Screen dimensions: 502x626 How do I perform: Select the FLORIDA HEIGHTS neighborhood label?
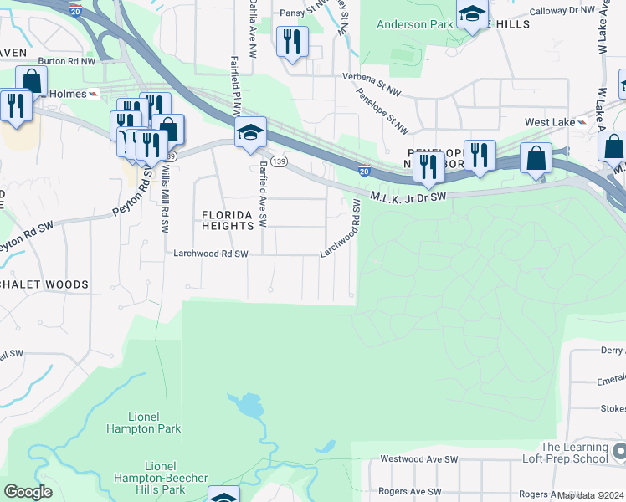pos(228,220)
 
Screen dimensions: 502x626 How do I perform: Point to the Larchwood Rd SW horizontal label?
pos(211,254)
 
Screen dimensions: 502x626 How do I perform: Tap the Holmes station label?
pos(68,94)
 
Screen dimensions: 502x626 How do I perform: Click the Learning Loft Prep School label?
pos(574,453)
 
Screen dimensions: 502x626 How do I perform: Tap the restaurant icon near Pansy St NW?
pos(292,41)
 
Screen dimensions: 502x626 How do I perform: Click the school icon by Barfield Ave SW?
pos(249,133)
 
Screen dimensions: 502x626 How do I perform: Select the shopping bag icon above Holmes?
pos(32,81)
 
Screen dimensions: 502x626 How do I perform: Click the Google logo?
pos(28,492)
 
